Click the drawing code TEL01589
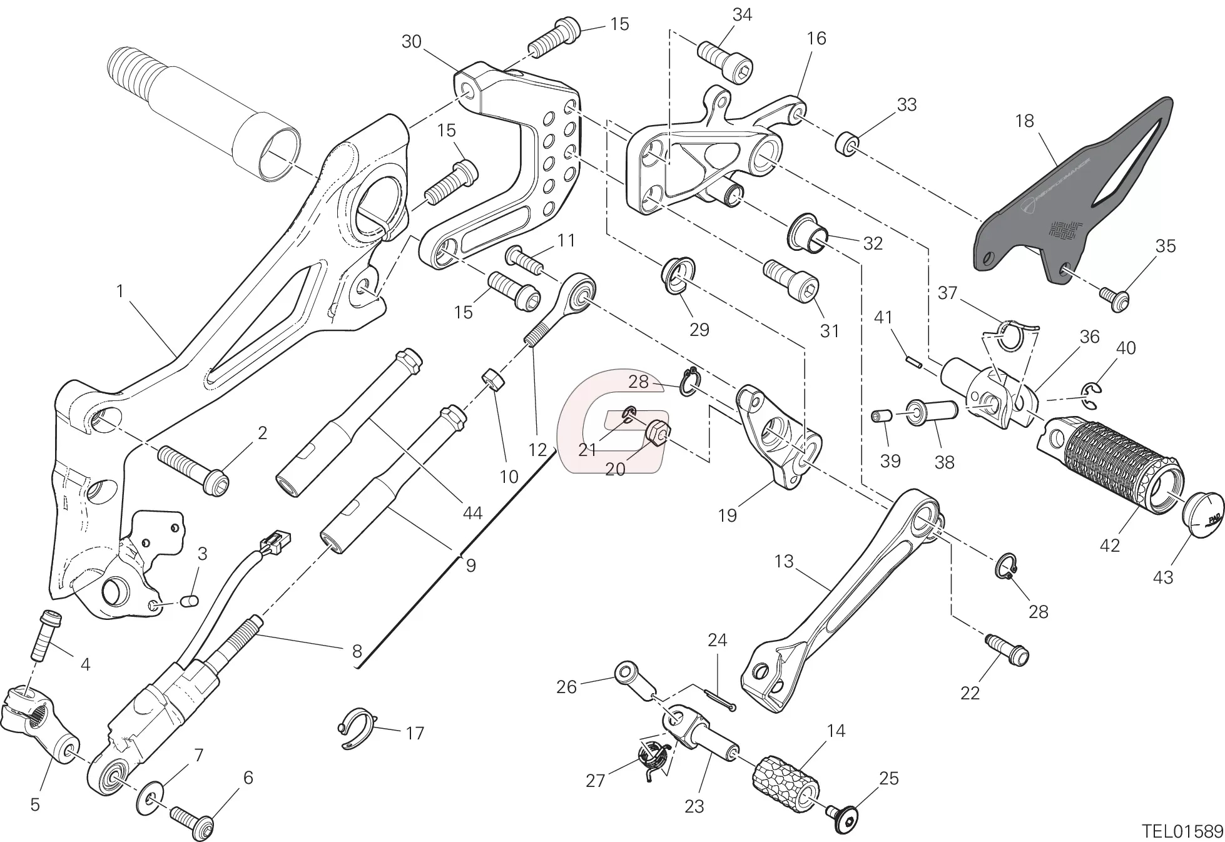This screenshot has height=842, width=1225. tap(1181, 831)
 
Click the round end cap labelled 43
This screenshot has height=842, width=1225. tap(1202, 512)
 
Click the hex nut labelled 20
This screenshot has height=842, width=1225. tap(658, 431)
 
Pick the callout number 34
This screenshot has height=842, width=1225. tap(742, 14)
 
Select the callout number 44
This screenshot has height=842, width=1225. tap(472, 513)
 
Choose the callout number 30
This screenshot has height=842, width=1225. tap(411, 42)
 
